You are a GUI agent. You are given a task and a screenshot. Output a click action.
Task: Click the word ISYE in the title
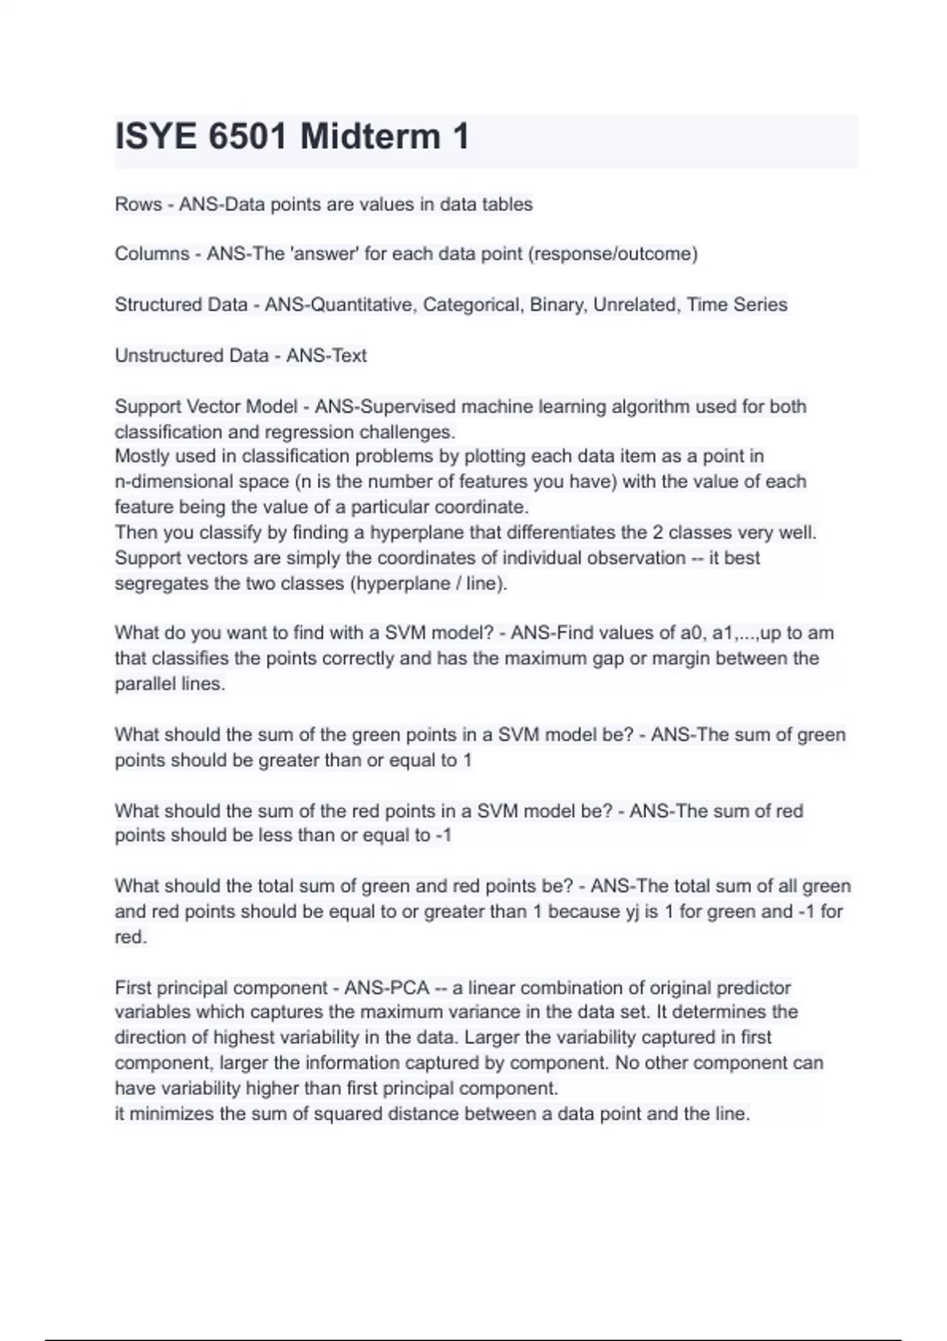pos(155,136)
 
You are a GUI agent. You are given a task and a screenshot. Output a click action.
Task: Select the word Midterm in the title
pos(370,136)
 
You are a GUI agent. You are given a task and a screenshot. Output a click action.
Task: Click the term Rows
pos(138,204)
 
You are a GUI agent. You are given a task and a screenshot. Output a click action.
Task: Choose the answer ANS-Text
pos(326,356)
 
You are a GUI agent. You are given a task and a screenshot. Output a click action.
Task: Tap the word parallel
pos(140,684)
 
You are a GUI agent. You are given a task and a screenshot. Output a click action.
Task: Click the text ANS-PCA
pos(387,988)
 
